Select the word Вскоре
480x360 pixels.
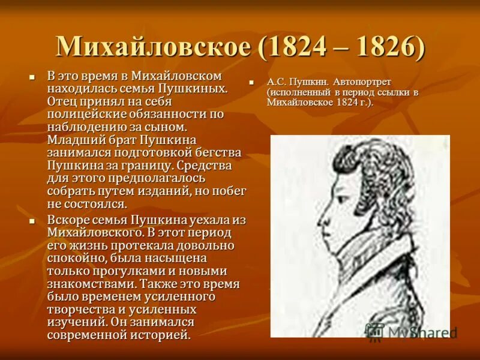68,220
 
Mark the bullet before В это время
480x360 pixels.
34,77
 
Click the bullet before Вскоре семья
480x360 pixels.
34,221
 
